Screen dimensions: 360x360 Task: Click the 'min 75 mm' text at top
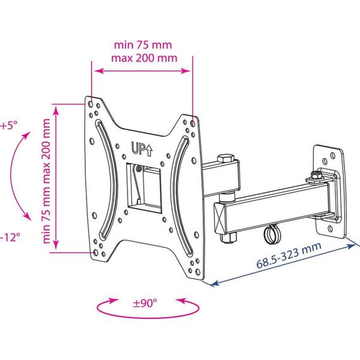coord(143,45)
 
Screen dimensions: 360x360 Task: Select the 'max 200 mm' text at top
coord(144,58)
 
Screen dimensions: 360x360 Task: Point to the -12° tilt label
coord(9,237)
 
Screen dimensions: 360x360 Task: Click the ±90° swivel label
coord(145,303)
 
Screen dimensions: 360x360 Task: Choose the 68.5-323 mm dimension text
coord(289,255)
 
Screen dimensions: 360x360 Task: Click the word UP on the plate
coord(138,148)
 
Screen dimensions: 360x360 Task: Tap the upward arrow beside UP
coord(149,150)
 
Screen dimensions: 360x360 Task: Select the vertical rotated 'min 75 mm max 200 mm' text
coord(46,181)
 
